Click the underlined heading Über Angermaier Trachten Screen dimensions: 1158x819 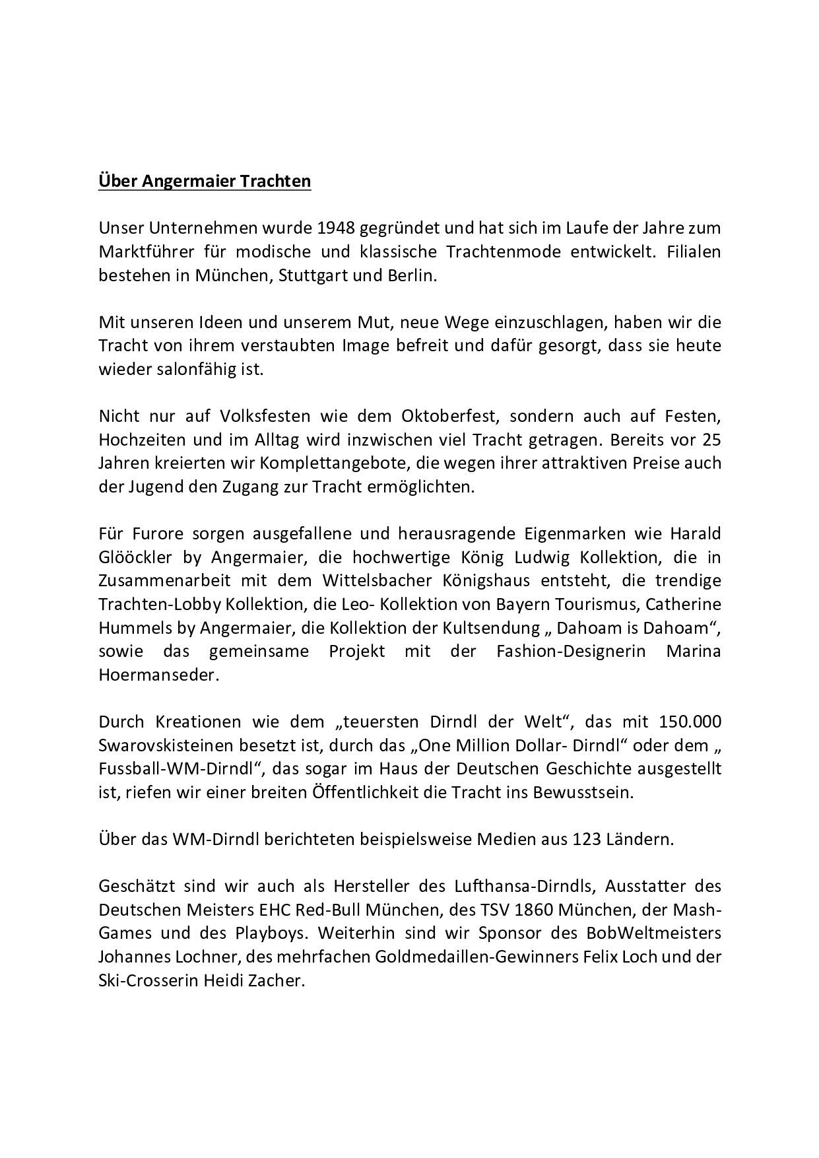pyautogui.click(x=205, y=181)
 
